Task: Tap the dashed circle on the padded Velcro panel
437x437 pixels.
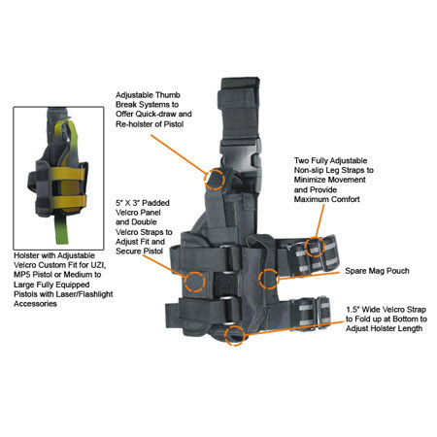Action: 185,282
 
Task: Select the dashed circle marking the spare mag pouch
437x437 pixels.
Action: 259,279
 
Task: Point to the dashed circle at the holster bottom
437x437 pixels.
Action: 225,335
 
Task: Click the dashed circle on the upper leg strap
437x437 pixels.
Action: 305,247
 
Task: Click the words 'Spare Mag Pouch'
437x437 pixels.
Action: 377,271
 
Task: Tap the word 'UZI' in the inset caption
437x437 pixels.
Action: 98,265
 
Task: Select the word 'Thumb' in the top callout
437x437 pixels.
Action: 168,95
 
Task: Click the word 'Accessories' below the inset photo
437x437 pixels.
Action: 35,304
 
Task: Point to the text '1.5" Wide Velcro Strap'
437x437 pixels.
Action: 386,310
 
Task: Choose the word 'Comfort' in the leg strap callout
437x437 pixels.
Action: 345,199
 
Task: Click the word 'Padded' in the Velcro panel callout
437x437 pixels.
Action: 156,203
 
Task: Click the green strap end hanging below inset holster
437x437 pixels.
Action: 61,230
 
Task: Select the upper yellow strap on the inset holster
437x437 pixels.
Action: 67,174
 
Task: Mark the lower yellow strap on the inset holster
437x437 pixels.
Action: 68,202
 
